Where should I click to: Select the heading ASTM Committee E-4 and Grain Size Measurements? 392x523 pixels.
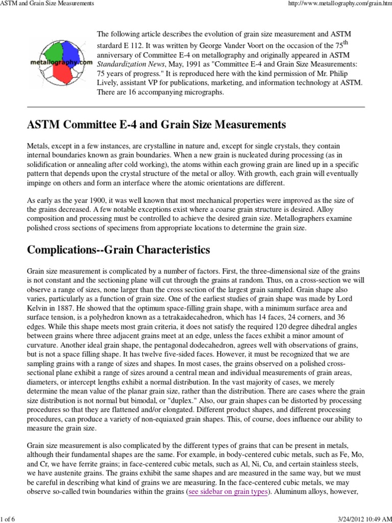pos(156,125)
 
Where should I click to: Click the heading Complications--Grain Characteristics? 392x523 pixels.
pos(118,250)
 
